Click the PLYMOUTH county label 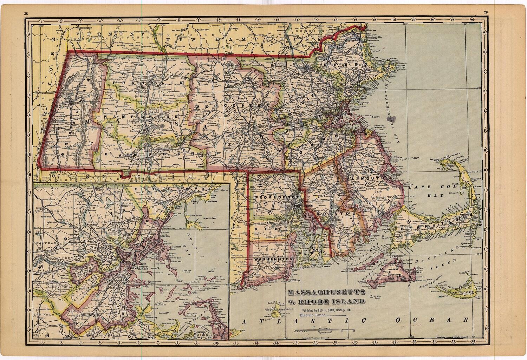(363, 178)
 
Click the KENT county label (261, 229)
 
